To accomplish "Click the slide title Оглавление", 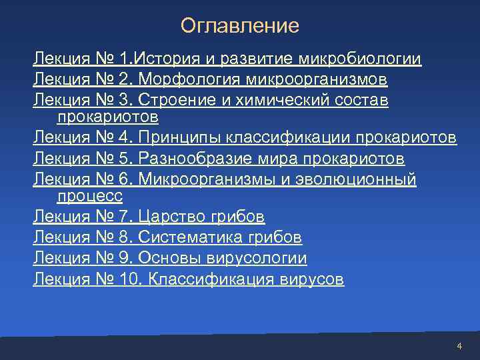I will click(x=240, y=26).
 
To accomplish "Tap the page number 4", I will click(x=459, y=346).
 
